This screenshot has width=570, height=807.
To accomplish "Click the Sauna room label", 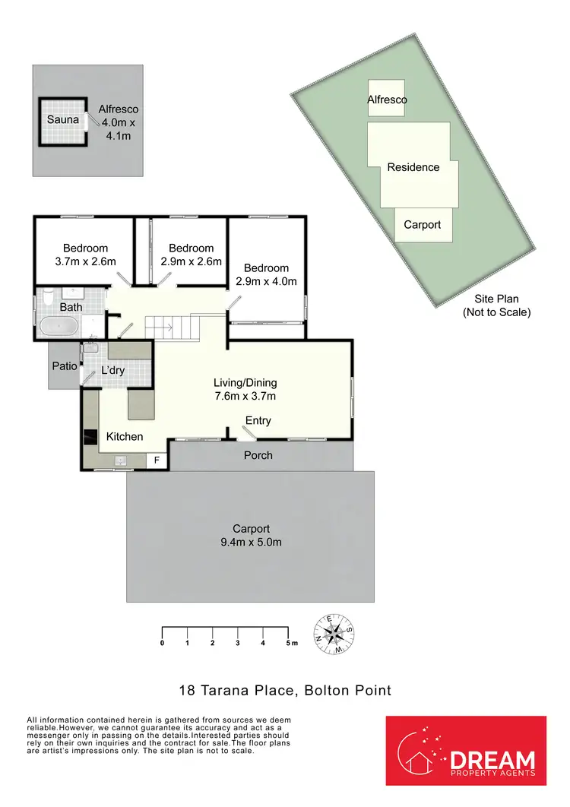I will [63, 120].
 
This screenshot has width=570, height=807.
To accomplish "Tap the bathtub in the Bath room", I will [58, 328].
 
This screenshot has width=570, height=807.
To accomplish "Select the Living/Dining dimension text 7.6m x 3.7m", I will [245, 396].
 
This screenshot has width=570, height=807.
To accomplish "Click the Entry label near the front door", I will [258, 421].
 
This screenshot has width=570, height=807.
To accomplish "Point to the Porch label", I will [258, 455].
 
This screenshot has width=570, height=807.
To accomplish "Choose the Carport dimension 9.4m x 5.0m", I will [251, 543].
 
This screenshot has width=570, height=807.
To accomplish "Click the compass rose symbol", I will [334, 635].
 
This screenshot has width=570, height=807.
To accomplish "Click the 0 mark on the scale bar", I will [162, 643].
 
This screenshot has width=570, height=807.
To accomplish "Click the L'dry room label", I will [113, 371].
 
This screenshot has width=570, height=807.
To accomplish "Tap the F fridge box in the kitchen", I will [158, 460].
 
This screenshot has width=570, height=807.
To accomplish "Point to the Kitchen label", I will [125, 436].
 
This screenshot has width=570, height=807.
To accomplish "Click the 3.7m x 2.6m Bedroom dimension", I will [85, 261].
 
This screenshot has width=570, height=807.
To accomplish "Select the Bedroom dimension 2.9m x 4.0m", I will [266, 281].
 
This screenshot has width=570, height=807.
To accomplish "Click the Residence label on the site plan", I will [413, 167].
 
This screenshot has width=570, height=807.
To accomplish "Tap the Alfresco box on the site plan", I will [387, 100].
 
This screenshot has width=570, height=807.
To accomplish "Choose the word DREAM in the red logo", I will [492, 760].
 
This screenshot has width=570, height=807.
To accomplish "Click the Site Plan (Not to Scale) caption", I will [496, 305].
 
